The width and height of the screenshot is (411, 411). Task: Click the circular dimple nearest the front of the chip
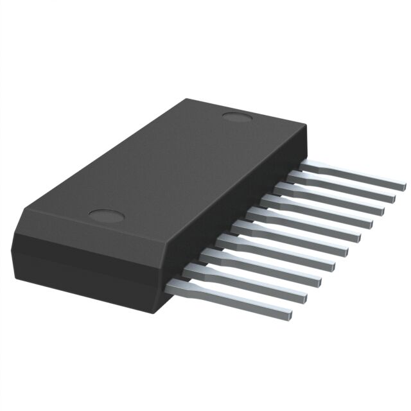[105, 215]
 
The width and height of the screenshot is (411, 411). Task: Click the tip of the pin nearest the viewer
[290, 314]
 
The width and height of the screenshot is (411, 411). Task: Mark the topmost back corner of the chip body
[187, 99]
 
